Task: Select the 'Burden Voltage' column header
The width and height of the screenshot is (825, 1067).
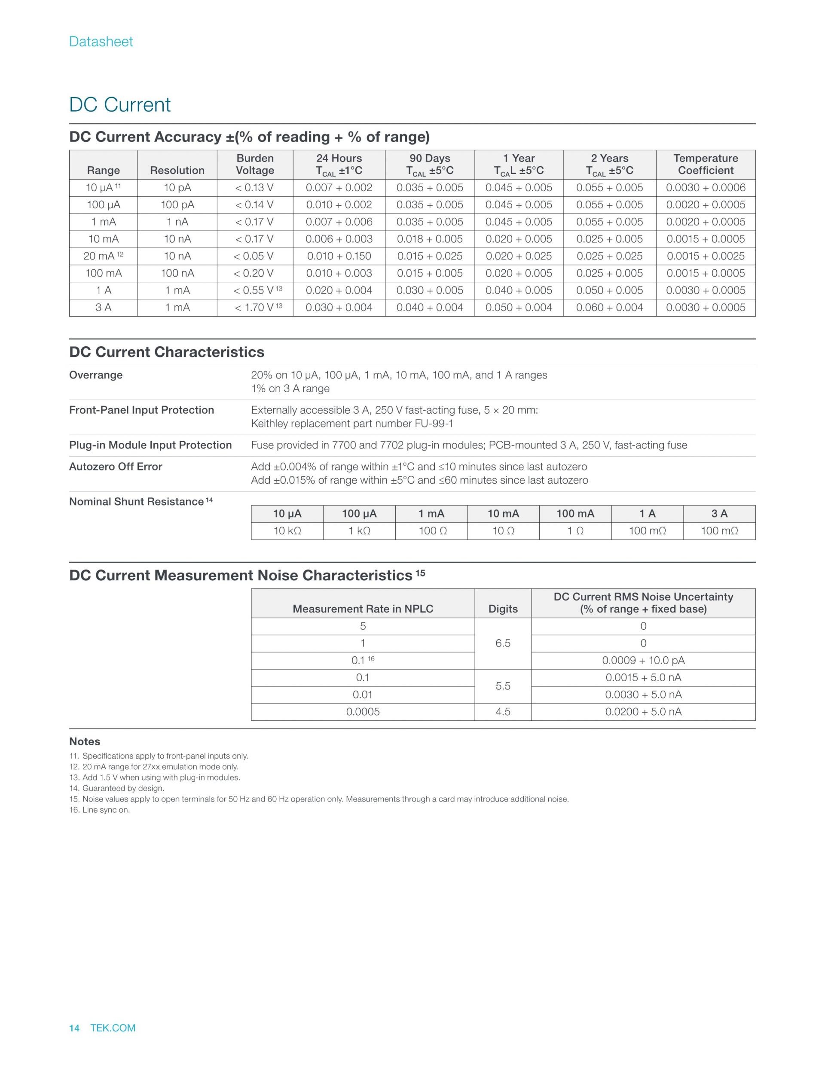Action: click(255, 164)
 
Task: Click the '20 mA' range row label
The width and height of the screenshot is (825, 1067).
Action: click(99, 256)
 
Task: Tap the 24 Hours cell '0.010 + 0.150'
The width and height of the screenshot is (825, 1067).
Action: click(339, 256)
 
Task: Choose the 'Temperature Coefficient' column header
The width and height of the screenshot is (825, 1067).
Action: click(705, 164)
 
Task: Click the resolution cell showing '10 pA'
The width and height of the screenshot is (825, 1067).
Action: click(177, 188)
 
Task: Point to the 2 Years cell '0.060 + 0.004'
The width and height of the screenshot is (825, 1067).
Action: click(609, 307)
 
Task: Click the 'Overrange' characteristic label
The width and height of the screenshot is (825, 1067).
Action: click(96, 375)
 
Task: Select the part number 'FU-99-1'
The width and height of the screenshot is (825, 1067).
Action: click(434, 424)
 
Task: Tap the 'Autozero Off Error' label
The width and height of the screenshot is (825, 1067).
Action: click(115, 466)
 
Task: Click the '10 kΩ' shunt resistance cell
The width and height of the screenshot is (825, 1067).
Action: click(287, 530)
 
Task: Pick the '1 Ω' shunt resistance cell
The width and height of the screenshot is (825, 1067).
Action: click(575, 530)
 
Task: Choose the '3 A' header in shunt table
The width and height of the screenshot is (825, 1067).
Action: click(719, 513)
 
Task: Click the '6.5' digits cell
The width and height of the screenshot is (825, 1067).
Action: click(503, 643)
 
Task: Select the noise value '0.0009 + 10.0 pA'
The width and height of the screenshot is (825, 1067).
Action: click(643, 661)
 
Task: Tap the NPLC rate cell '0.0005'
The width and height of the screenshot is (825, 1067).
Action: click(363, 712)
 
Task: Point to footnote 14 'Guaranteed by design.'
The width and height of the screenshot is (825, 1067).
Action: click(122, 788)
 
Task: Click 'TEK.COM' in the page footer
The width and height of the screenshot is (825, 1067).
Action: click(113, 1028)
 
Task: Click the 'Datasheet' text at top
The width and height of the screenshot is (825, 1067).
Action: click(101, 42)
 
